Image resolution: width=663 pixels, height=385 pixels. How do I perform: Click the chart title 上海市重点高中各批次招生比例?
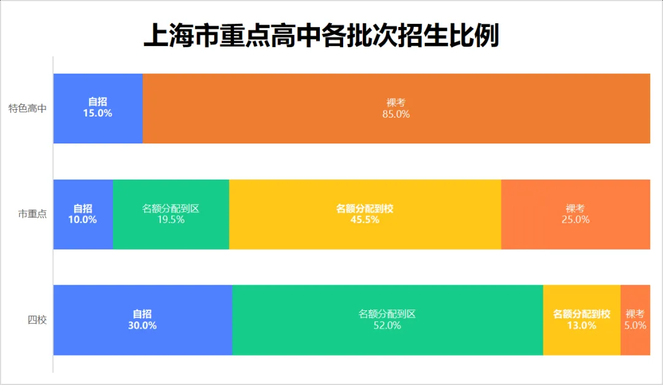(x=322, y=36)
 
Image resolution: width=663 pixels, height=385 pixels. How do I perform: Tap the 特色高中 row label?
(x=28, y=109)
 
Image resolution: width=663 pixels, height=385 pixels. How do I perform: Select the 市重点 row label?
(x=33, y=215)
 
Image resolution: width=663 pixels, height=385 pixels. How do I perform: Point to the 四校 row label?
(x=37, y=320)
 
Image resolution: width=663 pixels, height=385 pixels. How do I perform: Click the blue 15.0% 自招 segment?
(x=98, y=126)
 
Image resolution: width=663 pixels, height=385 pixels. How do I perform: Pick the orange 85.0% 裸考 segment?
(x=396, y=129)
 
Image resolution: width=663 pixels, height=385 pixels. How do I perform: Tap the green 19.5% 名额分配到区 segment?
(x=171, y=236)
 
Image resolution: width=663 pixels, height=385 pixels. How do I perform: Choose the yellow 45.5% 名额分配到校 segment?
(x=365, y=236)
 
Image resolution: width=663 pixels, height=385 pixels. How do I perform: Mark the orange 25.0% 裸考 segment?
(x=575, y=236)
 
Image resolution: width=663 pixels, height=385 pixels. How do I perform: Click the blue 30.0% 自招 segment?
(x=142, y=340)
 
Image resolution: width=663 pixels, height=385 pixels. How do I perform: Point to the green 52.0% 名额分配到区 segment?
(x=387, y=340)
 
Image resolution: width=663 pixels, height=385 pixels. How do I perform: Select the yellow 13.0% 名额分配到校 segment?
(x=581, y=340)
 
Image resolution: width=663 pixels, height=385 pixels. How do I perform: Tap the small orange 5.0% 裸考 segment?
(x=635, y=340)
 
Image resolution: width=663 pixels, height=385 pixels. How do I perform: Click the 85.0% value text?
(x=396, y=114)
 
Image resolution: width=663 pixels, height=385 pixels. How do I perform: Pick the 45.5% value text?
(x=365, y=219)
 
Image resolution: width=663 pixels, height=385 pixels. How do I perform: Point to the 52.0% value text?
(x=387, y=326)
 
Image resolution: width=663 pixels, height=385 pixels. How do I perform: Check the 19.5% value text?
(x=171, y=219)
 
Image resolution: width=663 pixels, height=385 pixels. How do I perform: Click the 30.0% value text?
(x=142, y=326)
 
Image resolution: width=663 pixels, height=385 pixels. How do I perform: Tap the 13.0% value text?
(x=581, y=326)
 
